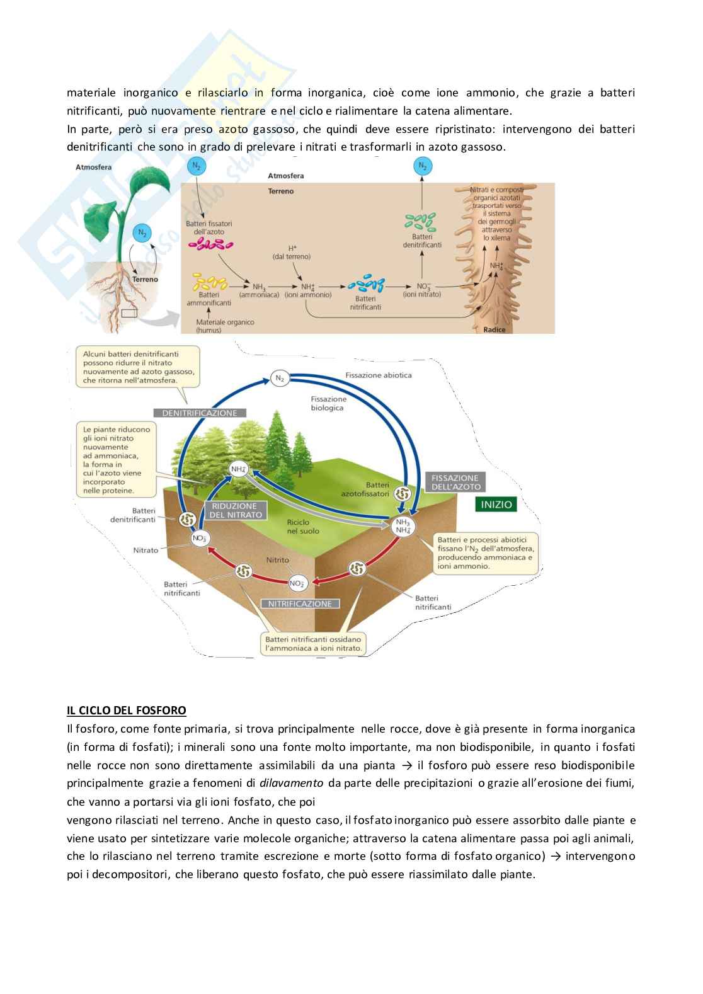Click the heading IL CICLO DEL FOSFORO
pos(127,711)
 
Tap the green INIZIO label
pos(496,505)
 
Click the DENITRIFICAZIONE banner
pos(200,413)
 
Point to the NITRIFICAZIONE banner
pos(300,603)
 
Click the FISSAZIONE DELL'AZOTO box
pos(455,482)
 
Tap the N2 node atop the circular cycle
pos(279,379)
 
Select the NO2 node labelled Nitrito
pos(297,583)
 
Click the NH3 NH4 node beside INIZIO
pos(403,527)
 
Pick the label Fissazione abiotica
pos(378,375)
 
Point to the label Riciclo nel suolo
pos(302,527)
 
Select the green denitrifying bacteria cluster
pos(421,221)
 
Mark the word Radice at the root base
pos(494,329)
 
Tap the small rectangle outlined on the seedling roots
pos(129,313)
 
